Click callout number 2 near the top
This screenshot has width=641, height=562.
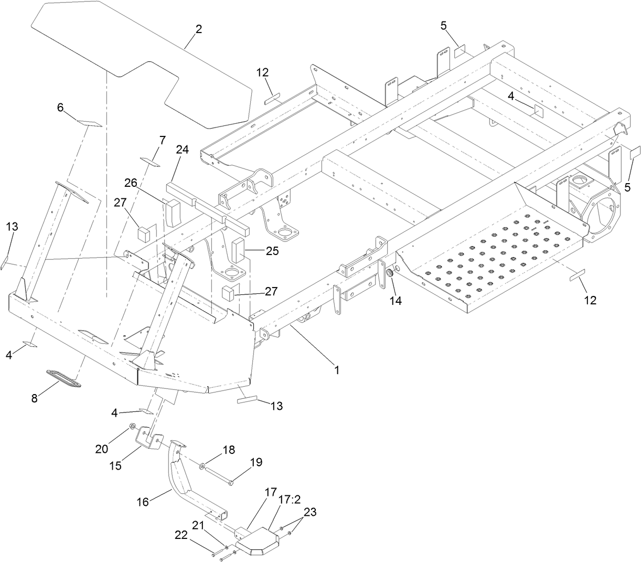click(198, 30)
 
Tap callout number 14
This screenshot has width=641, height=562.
click(396, 301)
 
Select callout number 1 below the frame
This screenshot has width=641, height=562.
click(336, 369)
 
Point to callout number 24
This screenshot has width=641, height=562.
click(182, 150)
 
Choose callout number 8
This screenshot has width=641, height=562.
click(35, 398)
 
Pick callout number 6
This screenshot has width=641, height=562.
click(61, 108)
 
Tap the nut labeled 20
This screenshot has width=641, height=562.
click(133, 426)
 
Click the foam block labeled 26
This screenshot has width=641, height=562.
click(174, 210)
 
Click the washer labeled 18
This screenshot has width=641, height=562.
click(202, 465)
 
